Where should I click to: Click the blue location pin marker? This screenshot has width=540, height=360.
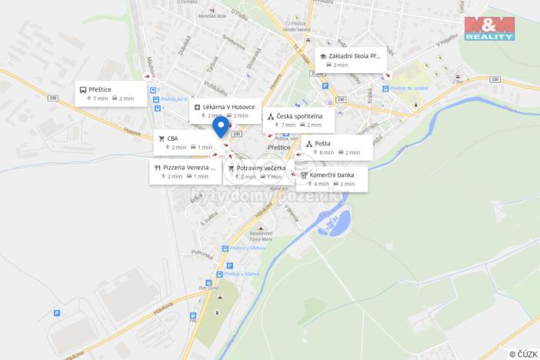[221, 127]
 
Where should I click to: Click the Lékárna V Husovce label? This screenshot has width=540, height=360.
[229, 106]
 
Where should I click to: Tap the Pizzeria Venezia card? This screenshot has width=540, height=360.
[186, 171]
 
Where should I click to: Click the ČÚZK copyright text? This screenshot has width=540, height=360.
[522, 353]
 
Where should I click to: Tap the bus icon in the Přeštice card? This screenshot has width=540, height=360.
[82, 90]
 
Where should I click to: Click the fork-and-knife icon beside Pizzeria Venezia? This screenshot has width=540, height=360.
[157, 167]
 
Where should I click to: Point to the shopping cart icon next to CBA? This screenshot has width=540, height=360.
[161, 139]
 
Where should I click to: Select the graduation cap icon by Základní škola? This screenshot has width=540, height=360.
[322, 56]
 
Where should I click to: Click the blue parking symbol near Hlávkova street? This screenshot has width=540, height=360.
[56, 313]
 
